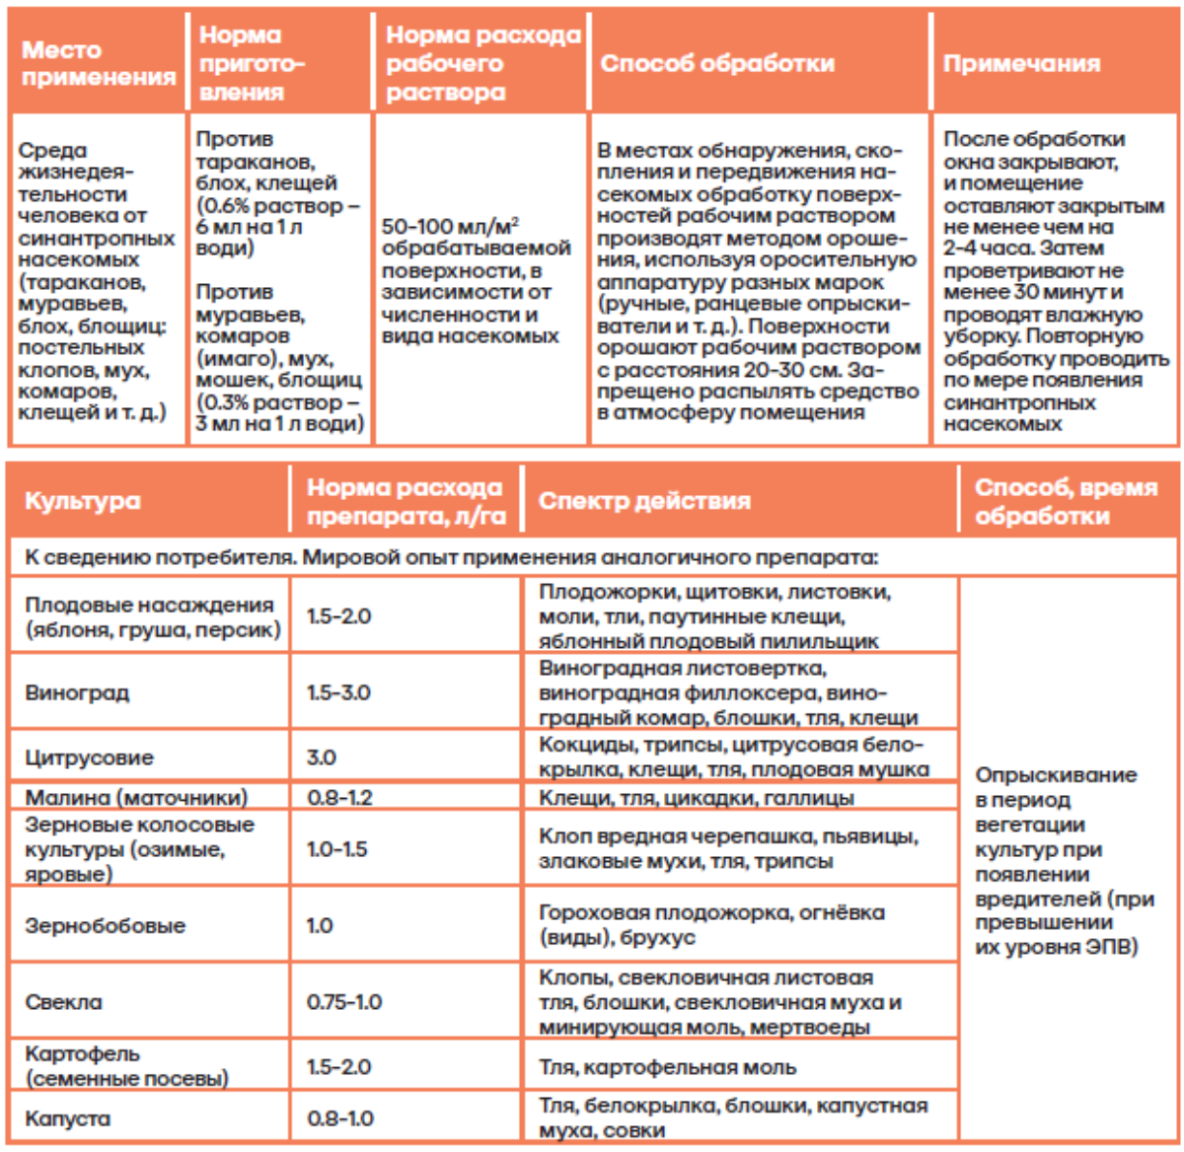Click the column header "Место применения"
point(98,63)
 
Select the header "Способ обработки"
point(717,63)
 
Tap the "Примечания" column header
point(1021,63)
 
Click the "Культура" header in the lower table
point(83,500)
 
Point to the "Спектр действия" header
point(644,500)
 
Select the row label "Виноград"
point(77,692)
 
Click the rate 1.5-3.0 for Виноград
point(338,692)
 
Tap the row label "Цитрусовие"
point(89,757)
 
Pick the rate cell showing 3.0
point(322,757)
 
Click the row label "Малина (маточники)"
point(136,797)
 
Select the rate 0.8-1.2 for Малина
point(339,797)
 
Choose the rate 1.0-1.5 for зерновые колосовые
point(336,848)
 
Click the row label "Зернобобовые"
point(105,925)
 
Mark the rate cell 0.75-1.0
point(344,1002)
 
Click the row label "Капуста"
point(67,1118)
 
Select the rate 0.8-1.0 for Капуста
point(340,1118)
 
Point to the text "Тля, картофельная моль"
point(667,1067)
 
